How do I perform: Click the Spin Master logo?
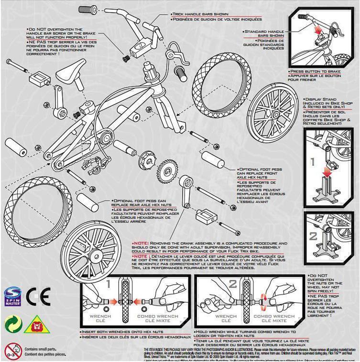(13, 296)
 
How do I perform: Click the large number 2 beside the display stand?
(313, 236)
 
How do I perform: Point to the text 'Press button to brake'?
(312, 72)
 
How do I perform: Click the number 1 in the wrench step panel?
(109, 285)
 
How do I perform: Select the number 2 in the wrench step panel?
(233, 285)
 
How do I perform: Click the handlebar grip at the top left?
(86, 9)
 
